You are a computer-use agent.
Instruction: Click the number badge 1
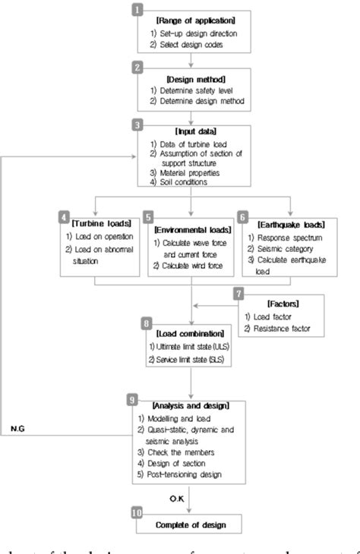(x=137, y=9)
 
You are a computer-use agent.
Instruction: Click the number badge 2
(x=137, y=68)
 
